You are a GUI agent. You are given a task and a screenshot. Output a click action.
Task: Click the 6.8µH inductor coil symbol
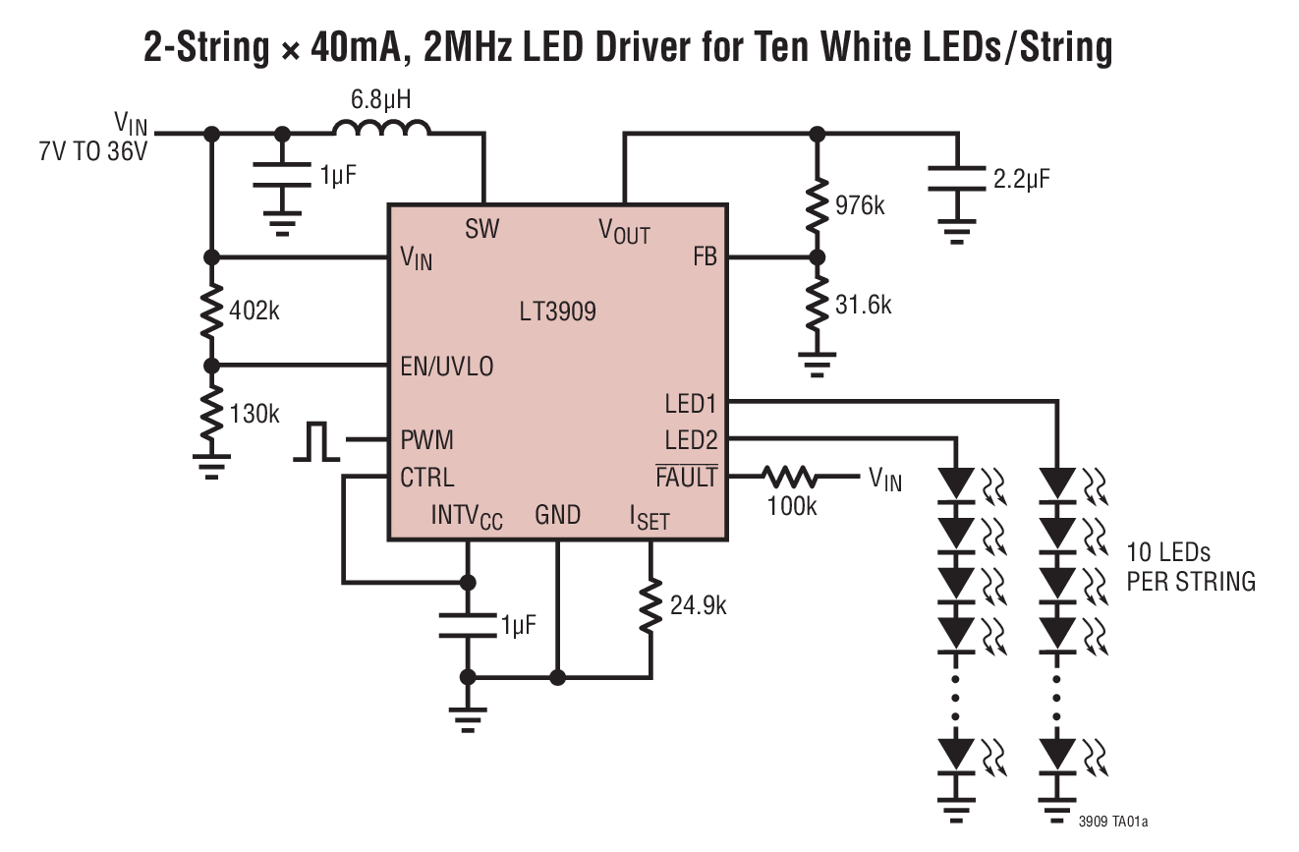[380, 129]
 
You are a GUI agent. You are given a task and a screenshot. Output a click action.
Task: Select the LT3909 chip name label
[557, 312]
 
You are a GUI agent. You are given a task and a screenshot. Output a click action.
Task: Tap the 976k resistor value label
[859, 206]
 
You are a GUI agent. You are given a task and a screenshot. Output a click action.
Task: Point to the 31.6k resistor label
[862, 305]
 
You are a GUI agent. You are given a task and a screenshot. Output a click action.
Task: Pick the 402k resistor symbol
[210, 311]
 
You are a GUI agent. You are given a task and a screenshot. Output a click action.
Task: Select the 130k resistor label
[254, 414]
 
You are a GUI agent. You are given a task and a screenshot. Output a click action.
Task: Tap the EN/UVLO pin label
[446, 367]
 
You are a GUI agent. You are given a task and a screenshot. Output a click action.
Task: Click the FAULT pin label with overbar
[686, 477]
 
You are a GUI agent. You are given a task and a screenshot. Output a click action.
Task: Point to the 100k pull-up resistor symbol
[791, 478]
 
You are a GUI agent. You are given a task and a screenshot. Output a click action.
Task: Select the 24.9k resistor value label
[699, 605]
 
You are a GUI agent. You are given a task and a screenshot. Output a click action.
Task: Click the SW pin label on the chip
[481, 229]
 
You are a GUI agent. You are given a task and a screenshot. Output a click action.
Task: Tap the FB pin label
[705, 257]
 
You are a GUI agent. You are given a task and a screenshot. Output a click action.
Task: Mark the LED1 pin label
[691, 404]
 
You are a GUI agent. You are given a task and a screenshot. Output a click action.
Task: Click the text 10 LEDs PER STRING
[1190, 566]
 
